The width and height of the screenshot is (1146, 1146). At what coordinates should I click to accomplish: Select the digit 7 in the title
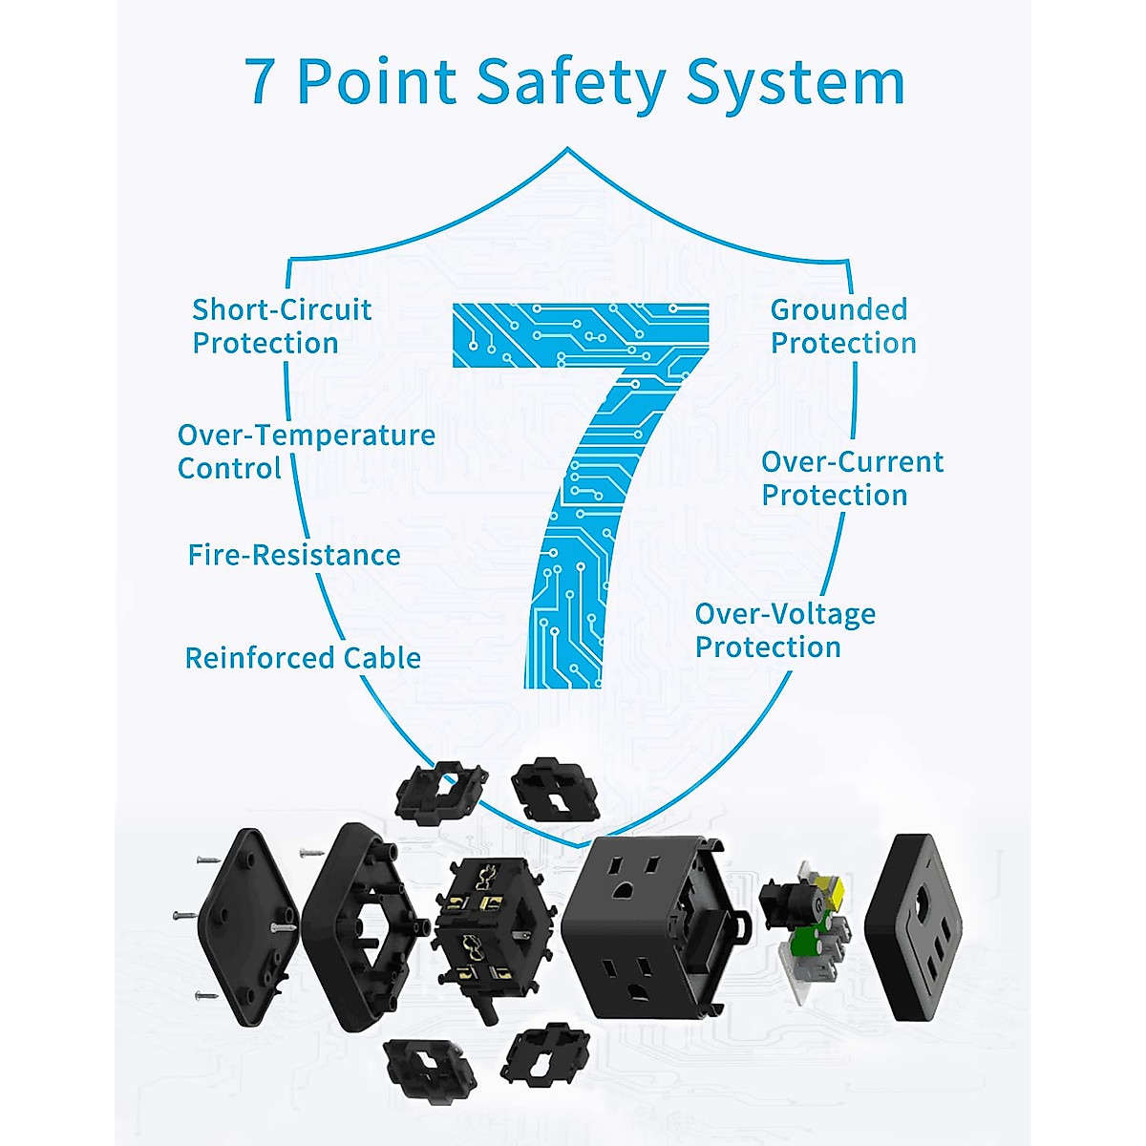[260, 82]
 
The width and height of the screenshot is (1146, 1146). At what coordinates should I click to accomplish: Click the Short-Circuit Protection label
[281, 326]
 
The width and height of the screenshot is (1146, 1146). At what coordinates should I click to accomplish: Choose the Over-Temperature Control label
[306, 451]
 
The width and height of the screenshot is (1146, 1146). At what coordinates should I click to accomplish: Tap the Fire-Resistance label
[293, 555]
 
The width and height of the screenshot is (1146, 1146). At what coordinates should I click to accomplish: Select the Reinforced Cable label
[303, 658]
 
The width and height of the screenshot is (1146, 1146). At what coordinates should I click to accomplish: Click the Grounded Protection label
[842, 326]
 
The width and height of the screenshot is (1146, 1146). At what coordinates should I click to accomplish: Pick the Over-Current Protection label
[851, 477]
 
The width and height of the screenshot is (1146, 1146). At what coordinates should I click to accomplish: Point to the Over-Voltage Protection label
[784, 629]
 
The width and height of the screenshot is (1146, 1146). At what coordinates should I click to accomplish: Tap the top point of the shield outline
[568, 149]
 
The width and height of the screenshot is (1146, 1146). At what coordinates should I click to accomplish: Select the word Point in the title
[376, 82]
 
